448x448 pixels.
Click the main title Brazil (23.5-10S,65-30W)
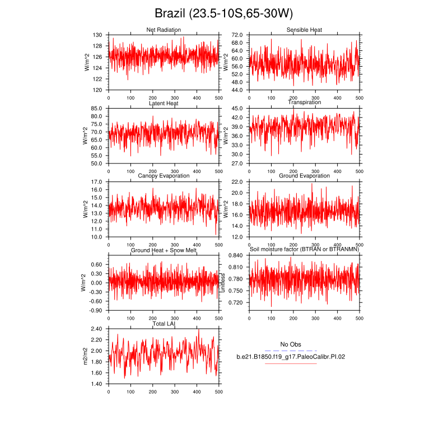pos(223,13)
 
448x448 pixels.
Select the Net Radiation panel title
pos(164,30)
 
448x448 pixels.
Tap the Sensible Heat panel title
pos(304,30)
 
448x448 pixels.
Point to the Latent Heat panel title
pos(164,104)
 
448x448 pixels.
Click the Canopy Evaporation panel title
pos(164,176)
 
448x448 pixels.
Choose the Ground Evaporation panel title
pos(304,176)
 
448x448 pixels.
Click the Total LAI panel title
pos(164,324)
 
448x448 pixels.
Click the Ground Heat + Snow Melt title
pos(164,250)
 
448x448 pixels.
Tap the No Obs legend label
pos(290,344)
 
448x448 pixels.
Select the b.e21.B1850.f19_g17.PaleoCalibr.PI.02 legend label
pos(290,357)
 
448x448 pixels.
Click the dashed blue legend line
pos(290,351)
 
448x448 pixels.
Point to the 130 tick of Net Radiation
pos(96,35)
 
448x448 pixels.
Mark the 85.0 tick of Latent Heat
pos(95,109)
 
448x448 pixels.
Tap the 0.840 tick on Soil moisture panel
pos(234,255)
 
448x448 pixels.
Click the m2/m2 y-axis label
pos(86,356)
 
